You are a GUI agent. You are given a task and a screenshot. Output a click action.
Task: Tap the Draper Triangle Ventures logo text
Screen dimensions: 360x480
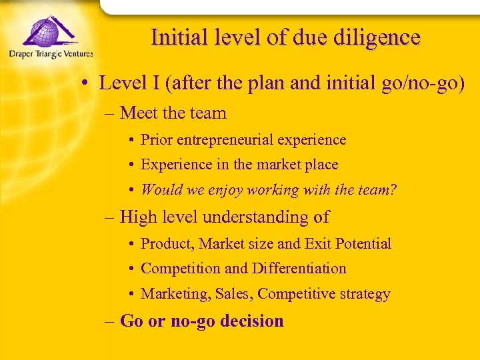tap(51, 54)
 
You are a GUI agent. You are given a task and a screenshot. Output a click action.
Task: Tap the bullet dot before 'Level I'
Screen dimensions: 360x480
tap(87, 84)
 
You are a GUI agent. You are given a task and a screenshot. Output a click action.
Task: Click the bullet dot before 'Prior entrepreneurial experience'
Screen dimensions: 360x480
tap(133, 141)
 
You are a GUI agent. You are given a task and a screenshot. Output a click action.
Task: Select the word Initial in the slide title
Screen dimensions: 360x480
tap(174, 37)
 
